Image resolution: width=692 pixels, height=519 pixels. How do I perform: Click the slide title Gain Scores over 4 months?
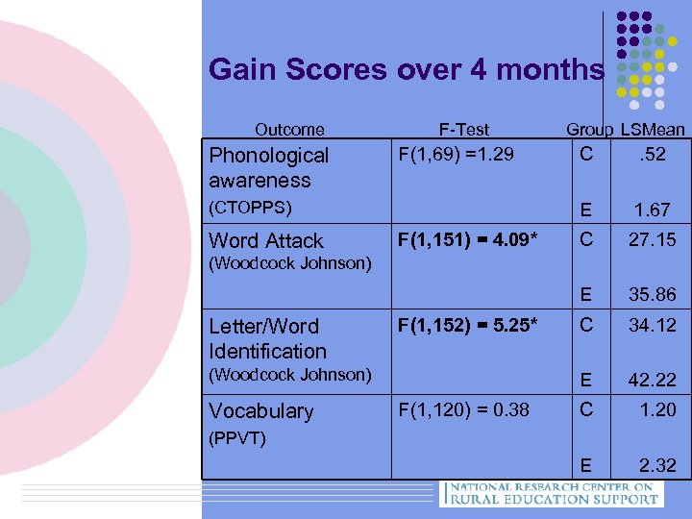(406, 70)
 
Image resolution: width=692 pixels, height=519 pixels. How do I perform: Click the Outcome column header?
(289, 129)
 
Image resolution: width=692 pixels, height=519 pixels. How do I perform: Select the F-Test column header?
(463, 129)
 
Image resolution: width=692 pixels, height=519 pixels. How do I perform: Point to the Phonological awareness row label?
(268, 167)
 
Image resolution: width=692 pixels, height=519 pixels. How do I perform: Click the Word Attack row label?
(266, 240)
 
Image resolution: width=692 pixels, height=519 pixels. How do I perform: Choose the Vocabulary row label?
(260, 410)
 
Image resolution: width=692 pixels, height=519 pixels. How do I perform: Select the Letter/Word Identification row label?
(267, 338)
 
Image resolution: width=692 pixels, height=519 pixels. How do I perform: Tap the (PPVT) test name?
(236, 438)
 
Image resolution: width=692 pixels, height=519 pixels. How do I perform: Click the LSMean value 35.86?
(652, 295)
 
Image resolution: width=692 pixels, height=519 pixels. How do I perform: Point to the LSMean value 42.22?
(652, 381)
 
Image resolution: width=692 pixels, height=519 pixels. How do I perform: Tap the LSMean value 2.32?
(658, 465)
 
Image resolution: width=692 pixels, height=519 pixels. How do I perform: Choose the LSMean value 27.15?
(652, 239)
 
